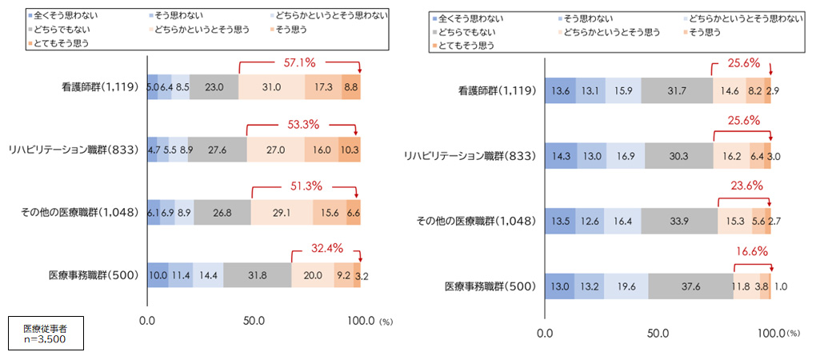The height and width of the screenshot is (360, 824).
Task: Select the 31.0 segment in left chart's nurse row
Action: [272, 86]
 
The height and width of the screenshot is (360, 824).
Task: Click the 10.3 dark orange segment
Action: [349, 149]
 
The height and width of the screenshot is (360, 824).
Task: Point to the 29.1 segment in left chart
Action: [282, 212]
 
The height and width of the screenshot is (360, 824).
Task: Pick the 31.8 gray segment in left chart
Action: [258, 274]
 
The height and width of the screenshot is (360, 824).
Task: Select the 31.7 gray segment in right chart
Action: [676, 91]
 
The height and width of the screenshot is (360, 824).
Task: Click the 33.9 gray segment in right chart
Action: [680, 220]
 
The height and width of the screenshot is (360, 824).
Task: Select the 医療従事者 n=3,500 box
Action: [45, 334]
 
